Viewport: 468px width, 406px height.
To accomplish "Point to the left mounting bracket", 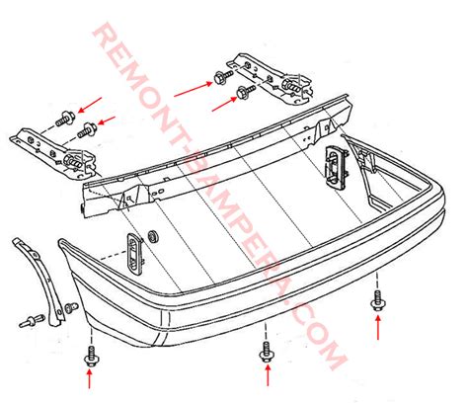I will click(51, 142).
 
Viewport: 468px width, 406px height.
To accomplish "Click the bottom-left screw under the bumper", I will click(91, 349).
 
